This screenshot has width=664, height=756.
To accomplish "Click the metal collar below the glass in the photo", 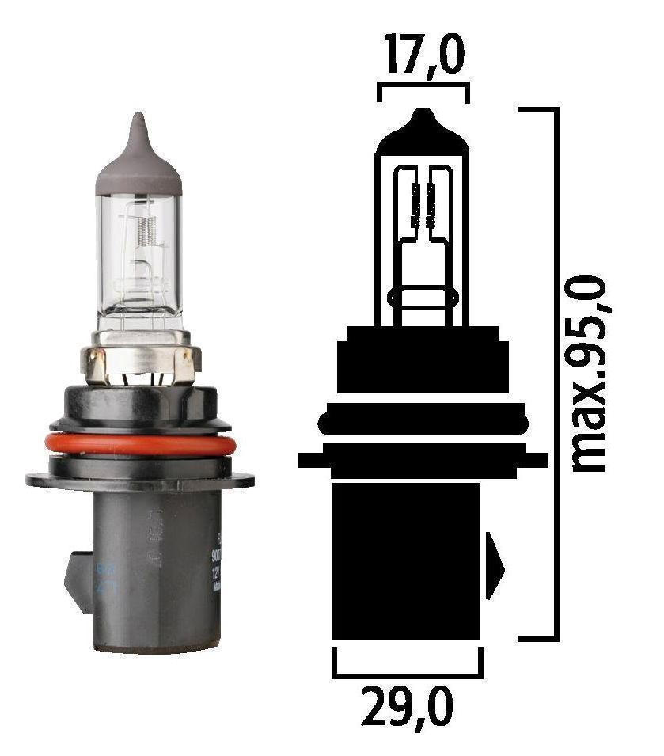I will pyautogui.click(x=139, y=360).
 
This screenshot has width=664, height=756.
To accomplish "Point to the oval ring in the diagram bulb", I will pyautogui.click(x=423, y=300).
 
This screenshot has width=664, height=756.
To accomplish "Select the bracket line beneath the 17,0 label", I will pyautogui.click(x=423, y=83).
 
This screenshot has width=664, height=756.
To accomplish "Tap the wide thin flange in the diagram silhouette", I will pyautogui.click(x=423, y=460).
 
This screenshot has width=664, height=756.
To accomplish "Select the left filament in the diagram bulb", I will pyautogui.click(x=412, y=203).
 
